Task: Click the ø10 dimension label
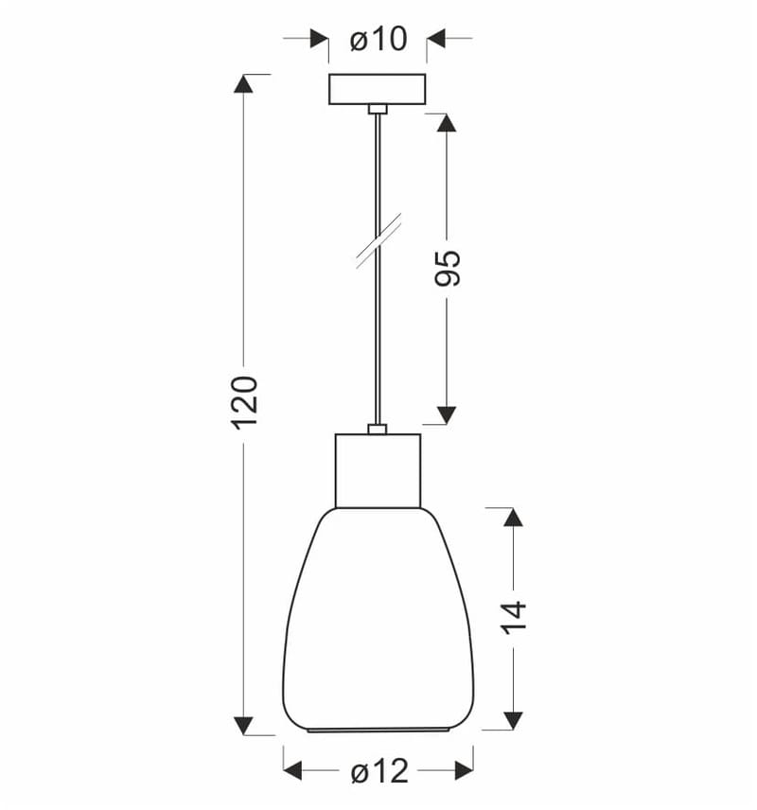[378, 39]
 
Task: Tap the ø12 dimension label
[379, 772]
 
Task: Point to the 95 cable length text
[448, 268]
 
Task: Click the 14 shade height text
[514, 618]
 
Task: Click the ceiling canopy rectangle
[378, 89]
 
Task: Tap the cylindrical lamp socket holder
[378, 471]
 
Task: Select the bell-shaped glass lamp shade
[378, 620]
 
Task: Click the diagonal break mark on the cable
[378, 240]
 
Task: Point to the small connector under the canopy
[378, 109]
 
